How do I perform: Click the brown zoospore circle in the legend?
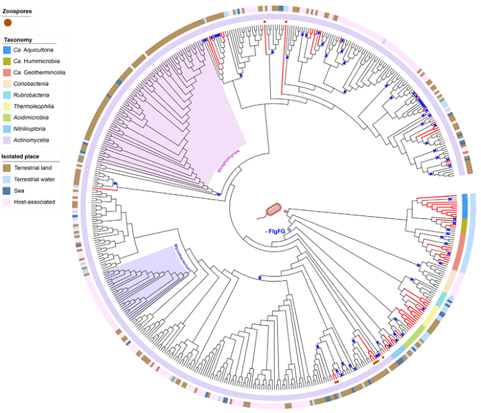tap(8, 23)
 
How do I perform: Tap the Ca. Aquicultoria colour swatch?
tap(7, 50)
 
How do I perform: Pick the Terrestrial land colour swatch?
tap(7, 168)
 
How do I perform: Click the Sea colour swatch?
tap(7, 191)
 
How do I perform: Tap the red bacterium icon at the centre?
tap(275, 208)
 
